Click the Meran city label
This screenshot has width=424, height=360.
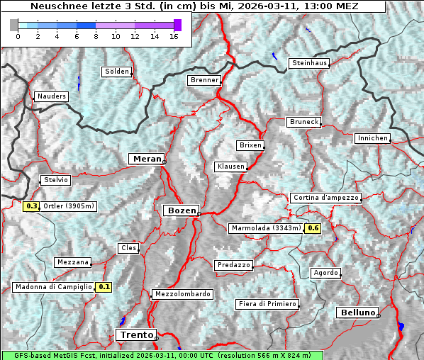tap(146, 159)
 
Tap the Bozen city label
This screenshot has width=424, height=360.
tap(181, 210)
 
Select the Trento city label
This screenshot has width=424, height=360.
tap(135, 334)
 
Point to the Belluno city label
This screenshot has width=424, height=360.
tap(357, 312)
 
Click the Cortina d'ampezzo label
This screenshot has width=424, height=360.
tap(325, 198)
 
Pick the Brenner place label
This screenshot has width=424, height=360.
tap(204, 80)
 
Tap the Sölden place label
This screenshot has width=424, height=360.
tap(117, 72)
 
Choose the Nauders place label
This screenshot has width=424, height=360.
tap(51, 96)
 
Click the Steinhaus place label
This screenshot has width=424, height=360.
tap(310, 63)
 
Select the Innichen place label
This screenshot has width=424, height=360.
tap(372, 138)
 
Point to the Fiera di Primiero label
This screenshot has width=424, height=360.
tap(267, 304)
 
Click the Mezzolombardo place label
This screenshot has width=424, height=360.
tap(182, 293)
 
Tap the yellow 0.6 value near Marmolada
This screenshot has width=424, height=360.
tap(313, 228)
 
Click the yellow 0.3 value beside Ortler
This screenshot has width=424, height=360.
tap(31, 206)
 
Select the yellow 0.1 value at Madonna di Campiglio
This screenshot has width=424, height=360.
tap(104, 287)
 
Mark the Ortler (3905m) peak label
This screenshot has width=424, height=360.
tap(69, 206)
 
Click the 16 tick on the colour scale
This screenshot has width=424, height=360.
tap(174, 36)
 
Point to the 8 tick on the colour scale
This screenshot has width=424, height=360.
tap(96, 36)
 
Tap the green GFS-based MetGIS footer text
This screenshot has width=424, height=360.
tap(162, 355)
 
